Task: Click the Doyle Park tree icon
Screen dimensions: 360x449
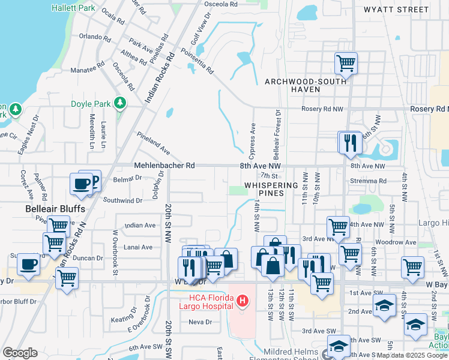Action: tap(121, 103)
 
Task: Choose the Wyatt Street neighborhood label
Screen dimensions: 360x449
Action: tap(396, 10)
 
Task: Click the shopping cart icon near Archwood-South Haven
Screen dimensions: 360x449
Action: tap(346, 62)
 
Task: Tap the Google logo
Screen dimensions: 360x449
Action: tap(20, 353)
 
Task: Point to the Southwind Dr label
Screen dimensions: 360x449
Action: tap(122, 200)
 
